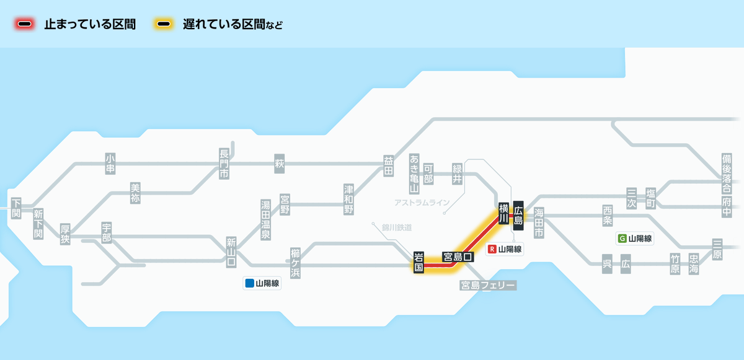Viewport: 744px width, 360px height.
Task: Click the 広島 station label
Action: [519, 215]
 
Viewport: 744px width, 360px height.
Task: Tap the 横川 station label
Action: [504, 213]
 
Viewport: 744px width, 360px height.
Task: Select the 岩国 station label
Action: [419, 263]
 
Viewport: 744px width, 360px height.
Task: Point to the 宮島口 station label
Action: [458, 256]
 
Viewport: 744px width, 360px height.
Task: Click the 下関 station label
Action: [16, 208]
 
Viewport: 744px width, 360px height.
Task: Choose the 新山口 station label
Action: [231, 252]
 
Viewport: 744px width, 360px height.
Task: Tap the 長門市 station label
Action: [224, 164]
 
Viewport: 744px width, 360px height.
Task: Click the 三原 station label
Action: [717, 249]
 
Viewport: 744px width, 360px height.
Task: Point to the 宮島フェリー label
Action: [488, 285]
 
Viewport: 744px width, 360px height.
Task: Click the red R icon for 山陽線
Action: [493, 249]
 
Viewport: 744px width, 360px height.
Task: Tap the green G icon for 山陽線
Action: [622, 238]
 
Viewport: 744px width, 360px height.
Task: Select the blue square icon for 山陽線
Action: [249, 284]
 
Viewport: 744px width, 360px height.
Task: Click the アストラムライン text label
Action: [422, 203]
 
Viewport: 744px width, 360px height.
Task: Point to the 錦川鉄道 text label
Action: [397, 227]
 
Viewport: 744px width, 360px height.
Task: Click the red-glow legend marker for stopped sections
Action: [25, 25]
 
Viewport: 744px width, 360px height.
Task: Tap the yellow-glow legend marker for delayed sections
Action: [164, 25]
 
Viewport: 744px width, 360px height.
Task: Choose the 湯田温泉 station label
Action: [265, 220]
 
